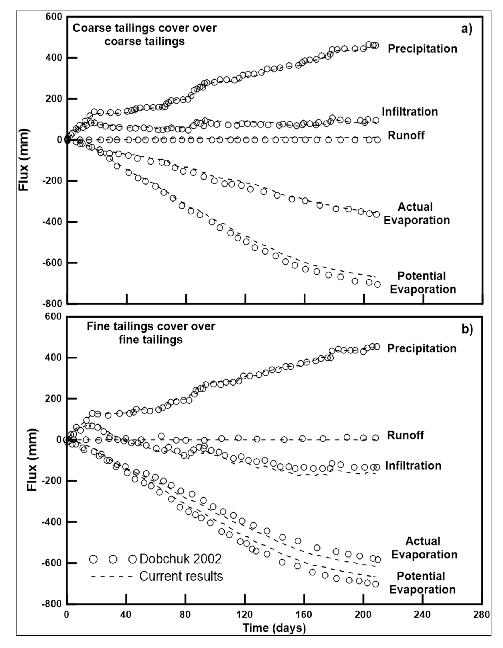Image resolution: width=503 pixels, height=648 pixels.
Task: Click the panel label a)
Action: [x=466, y=29]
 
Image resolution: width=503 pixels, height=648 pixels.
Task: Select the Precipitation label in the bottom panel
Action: [x=422, y=348]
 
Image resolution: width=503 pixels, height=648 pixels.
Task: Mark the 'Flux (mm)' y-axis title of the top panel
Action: [x=24, y=160]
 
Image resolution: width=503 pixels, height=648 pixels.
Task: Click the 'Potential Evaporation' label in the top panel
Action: [x=423, y=282]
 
